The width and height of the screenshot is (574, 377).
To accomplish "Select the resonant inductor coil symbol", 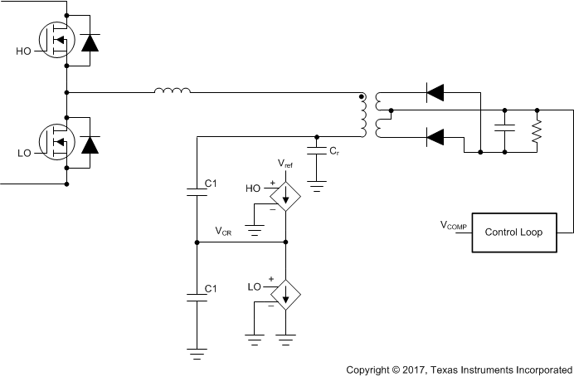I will [x=172, y=91].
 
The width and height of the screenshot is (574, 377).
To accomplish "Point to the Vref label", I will [x=285, y=164].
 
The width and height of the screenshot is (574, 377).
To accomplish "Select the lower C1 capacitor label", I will [x=210, y=288].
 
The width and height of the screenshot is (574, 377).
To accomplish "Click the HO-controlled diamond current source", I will [x=285, y=195].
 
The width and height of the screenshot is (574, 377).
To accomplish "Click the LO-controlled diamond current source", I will [x=285, y=294].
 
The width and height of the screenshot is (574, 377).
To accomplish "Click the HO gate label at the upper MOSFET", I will [x=24, y=51].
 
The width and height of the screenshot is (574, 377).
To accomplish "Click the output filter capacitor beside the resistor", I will [x=504, y=130].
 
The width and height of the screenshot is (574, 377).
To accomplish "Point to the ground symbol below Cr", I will [x=316, y=184].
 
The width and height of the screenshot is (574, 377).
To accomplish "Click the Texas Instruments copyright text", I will [x=459, y=368].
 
